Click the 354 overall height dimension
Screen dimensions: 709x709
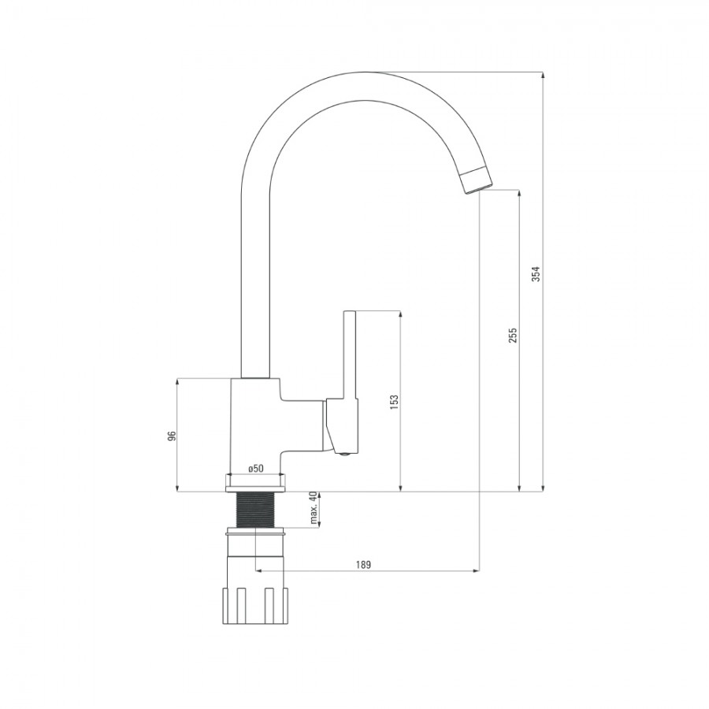[x=536, y=273]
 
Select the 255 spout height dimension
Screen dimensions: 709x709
[x=512, y=335]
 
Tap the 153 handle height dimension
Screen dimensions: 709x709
[x=394, y=402]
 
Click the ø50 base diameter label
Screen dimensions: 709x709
[x=256, y=469]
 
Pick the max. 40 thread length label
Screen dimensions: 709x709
[x=314, y=508]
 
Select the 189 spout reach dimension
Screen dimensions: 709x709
[x=363, y=565]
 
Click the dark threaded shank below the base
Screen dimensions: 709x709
[x=255, y=510]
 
